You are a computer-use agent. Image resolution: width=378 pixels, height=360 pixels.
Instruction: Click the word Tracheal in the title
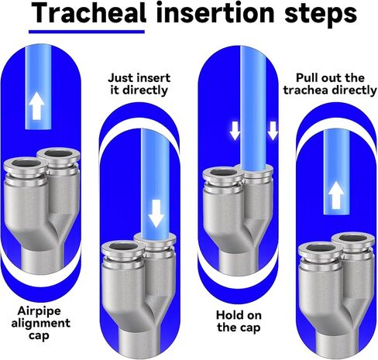[x=89, y=12]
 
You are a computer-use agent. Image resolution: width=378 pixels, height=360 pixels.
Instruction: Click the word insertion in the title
[x=215, y=12]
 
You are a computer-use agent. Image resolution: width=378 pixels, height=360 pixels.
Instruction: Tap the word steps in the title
[x=321, y=14]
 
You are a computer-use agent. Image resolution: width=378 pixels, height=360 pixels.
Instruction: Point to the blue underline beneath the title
[x=87, y=32]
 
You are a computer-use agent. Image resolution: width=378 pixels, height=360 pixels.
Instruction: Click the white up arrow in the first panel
[x=36, y=106]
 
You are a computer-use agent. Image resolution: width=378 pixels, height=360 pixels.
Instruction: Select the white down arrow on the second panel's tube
[x=156, y=214]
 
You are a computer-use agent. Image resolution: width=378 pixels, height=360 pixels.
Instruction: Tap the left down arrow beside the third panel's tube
[x=235, y=131]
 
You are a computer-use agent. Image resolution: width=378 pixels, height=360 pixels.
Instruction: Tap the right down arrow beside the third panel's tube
[x=273, y=131]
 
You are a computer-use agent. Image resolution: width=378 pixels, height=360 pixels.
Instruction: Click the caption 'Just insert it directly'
[x=139, y=84]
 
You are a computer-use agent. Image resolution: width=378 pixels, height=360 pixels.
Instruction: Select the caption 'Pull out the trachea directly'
[x=330, y=84]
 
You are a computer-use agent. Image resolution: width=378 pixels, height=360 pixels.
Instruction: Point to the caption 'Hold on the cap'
[x=239, y=321]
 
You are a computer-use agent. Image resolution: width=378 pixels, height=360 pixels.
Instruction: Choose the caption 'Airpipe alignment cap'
[x=40, y=323]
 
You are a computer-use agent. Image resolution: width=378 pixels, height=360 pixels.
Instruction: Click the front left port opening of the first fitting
[x=26, y=163]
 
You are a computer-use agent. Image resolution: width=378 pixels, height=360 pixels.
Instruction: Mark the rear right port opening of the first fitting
[x=58, y=153]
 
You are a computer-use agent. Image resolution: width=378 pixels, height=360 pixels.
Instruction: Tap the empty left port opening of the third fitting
[x=223, y=173]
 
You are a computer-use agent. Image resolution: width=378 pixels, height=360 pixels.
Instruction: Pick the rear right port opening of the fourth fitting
[x=353, y=238]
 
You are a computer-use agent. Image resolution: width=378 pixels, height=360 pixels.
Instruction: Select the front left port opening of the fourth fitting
[x=321, y=248]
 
